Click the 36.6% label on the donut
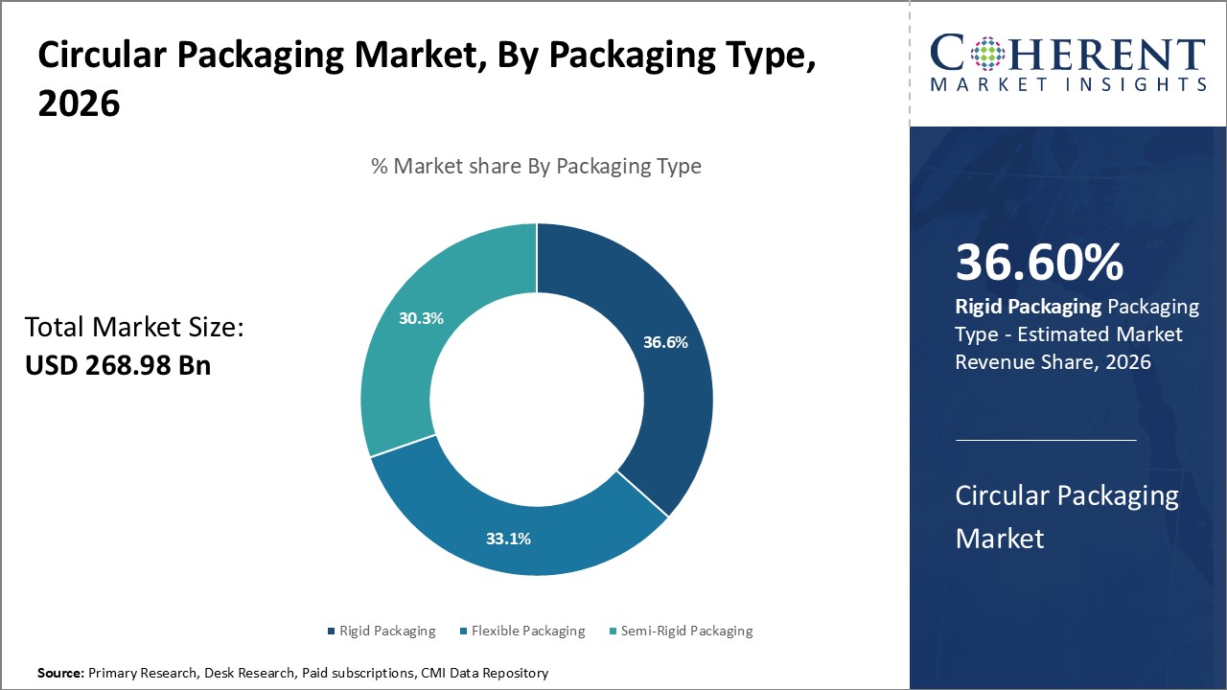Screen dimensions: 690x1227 [665, 342]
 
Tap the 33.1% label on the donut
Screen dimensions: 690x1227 [508, 539]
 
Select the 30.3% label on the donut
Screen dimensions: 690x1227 [421, 318]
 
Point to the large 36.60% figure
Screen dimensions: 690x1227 [1039, 264]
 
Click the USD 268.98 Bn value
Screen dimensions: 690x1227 [117, 365]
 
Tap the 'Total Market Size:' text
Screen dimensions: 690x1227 [134, 328]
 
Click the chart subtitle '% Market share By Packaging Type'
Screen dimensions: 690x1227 [536, 166]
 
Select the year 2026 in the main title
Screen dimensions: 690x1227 [80, 103]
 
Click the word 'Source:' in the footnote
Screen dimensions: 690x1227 [60, 674]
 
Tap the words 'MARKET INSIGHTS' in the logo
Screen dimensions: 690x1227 [1068, 84]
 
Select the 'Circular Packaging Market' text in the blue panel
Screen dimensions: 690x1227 [1067, 517]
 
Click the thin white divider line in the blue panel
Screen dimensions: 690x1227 [1046, 440]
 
